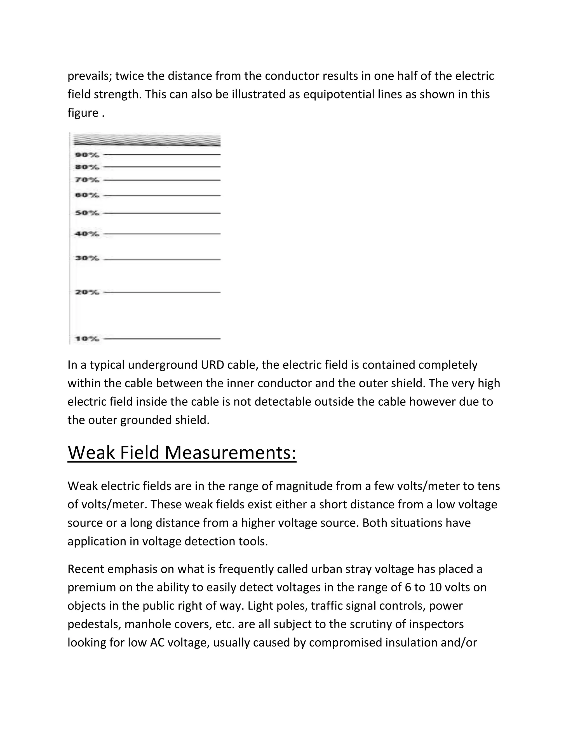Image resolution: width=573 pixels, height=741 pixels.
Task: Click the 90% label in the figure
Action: pyautogui.click(x=87, y=155)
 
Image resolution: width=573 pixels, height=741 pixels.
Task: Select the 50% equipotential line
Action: pyautogui.click(x=162, y=213)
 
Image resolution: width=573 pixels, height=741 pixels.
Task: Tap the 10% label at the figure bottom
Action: pyautogui.click(x=87, y=339)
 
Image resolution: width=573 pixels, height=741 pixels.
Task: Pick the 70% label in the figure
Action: pyautogui.click(x=87, y=180)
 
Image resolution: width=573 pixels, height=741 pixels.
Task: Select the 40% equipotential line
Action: pyautogui.click(x=162, y=234)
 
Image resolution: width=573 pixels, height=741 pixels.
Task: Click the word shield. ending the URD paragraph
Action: pyautogui.click(x=192, y=420)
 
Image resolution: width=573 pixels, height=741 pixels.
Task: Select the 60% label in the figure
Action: pyautogui.click(x=87, y=195)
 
